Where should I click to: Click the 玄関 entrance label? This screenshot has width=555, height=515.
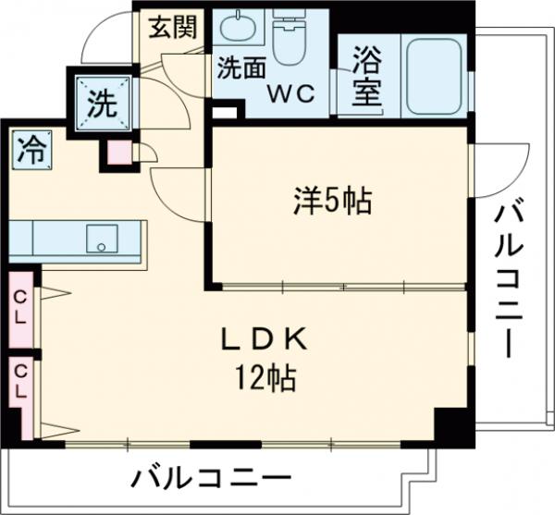coord(174,27)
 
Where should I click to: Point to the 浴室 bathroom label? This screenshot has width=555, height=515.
coord(366,78)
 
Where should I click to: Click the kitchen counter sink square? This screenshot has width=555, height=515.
coord(98,239)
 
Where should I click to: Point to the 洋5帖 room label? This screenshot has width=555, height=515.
coord(333,200)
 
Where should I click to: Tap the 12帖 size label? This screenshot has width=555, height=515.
coord(264,376)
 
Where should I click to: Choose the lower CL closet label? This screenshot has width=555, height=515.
coord(19,382)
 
